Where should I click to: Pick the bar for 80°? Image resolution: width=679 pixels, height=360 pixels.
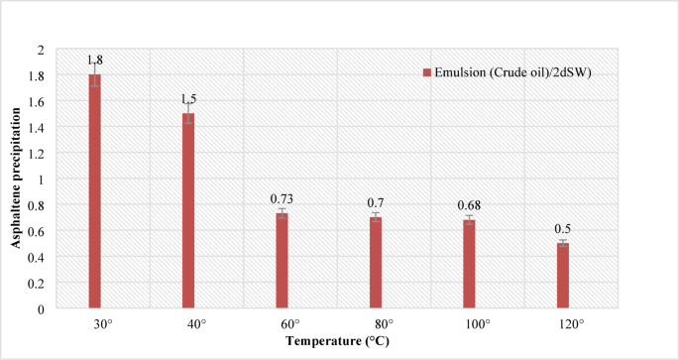(376, 263)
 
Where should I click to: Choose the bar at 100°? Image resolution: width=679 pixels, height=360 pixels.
(469, 264)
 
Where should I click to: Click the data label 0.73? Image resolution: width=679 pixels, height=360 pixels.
(283, 199)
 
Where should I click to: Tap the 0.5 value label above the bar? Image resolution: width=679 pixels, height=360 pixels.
(563, 229)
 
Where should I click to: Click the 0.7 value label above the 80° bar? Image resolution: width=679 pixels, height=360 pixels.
(376, 201)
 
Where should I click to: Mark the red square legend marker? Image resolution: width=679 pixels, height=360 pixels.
(426, 72)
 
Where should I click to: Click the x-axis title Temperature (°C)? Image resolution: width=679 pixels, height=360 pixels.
(328, 341)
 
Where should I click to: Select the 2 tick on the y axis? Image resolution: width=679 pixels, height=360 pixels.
(41, 50)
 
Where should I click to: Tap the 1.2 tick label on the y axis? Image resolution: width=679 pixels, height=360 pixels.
(37, 154)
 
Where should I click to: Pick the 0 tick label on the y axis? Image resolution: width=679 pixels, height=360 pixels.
(41, 309)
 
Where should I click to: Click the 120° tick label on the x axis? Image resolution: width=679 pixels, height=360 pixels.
(563, 324)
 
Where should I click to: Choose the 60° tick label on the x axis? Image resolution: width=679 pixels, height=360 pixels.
(283, 324)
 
